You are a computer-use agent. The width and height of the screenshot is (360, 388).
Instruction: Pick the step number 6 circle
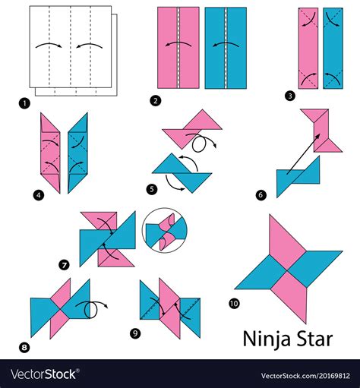[x=261, y=195]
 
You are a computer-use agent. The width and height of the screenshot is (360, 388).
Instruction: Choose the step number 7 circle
[x=65, y=264]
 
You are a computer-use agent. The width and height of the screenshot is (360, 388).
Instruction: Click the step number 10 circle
[x=233, y=304]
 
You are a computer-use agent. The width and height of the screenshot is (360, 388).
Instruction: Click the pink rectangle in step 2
[x=178, y=47]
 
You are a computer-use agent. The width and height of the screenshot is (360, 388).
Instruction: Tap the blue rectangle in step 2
[x=226, y=47]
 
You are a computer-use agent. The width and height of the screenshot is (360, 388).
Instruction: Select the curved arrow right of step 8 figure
[x=95, y=308]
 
